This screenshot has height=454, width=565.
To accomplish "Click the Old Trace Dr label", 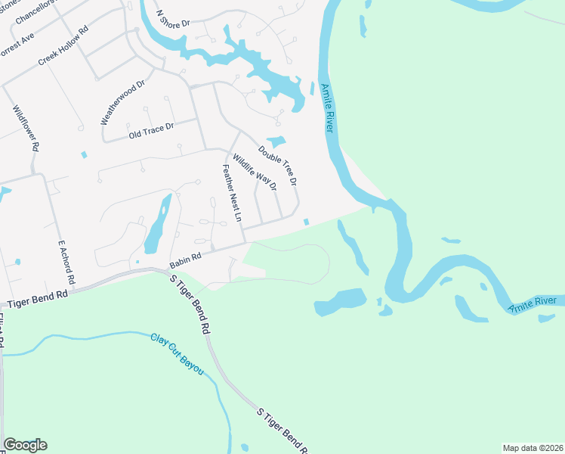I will click(151, 130).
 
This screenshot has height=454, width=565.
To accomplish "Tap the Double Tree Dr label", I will click(277, 166).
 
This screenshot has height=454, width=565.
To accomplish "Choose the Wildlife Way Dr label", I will click(255, 172).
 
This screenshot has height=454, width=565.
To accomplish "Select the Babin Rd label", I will click(185, 260).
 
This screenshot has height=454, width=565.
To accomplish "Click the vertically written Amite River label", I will click(327, 109).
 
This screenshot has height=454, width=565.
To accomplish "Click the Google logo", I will click(25, 445).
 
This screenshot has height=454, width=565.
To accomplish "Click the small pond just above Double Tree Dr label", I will click(276, 141).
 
